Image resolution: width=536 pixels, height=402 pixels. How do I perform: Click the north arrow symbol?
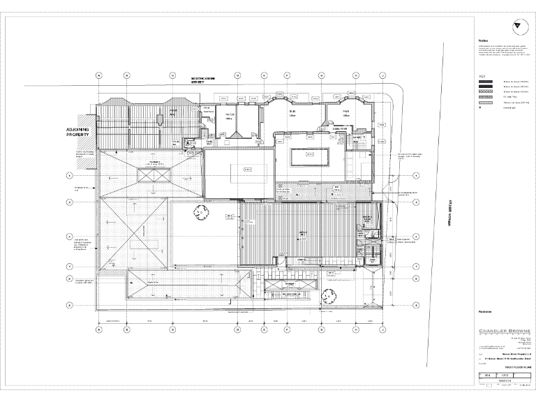(516, 26)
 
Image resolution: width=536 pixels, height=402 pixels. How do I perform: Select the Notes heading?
(482, 40)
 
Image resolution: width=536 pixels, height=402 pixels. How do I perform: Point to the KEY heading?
(482, 77)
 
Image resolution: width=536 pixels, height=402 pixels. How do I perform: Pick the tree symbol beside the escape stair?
(325, 295)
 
